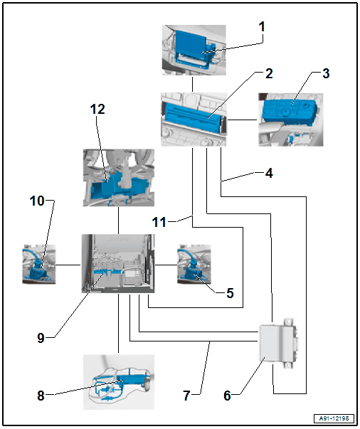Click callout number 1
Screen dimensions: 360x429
tap(262, 27)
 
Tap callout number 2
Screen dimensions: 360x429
tap(269, 73)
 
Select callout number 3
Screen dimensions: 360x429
tap(326, 73)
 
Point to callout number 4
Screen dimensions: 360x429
tap(269, 173)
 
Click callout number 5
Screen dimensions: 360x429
tap(230, 293)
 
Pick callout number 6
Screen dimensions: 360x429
tap(228, 396)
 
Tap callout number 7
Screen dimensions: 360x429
tap(186, 396)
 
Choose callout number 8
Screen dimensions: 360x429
tap(41, 396)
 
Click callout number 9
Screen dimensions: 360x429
tap(41, 338)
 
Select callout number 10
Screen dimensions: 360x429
tap(37, 201)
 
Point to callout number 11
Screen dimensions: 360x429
tap(159, 222)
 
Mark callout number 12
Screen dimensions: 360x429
tap(97, 109)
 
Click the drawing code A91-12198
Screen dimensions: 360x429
tap(334, 418)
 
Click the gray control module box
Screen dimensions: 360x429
tap(278, 343)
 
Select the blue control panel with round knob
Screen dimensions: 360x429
tap(290, 113)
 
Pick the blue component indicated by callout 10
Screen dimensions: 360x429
tap(37, 270)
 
